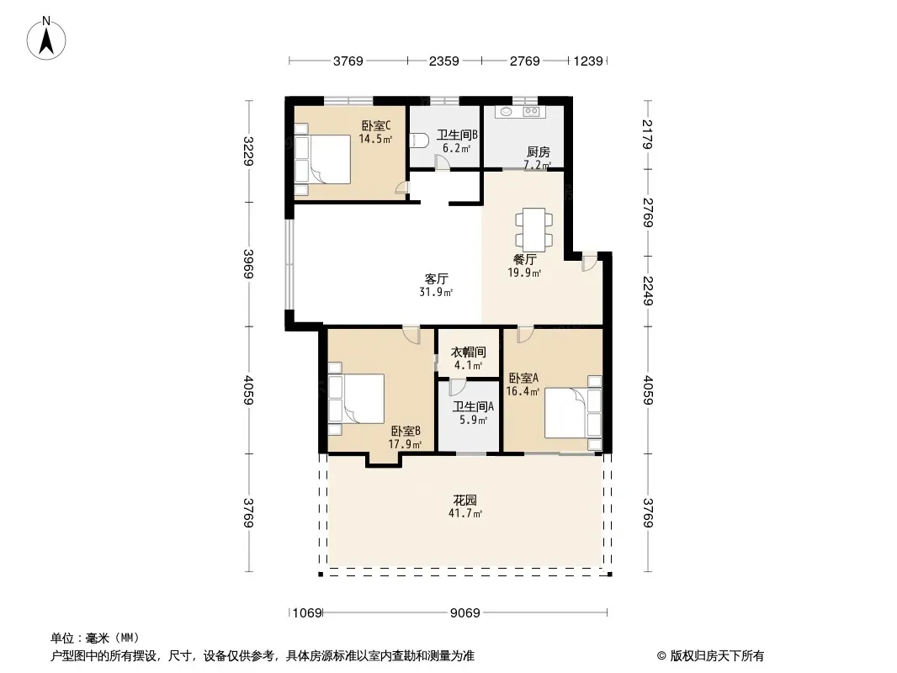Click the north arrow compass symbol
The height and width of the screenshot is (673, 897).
[x=46, y=38]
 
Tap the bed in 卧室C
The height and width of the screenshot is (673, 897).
[x=322, y=160]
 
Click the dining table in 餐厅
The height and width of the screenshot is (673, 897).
[x=534, y=230]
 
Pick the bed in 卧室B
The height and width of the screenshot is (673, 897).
[x=356, y=399]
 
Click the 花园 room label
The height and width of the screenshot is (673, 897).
[x=465, y=501]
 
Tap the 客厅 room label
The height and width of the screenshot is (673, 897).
[x=436, y=279]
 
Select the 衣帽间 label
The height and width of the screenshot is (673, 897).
[x=469, y=352]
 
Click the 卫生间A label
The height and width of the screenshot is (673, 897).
[x=473, y=406]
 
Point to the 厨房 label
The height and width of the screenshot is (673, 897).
[x=538, y=151]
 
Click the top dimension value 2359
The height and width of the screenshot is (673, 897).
[x=444, y=61]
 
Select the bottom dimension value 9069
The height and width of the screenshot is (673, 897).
[x=464, y=613]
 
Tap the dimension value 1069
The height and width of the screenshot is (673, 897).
[x=307, y=613]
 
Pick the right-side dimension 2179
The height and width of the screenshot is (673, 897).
[x=648, y=134]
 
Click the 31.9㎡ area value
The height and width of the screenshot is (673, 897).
[x=436, y=292]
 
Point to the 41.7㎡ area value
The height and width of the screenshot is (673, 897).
[x=465, y=513]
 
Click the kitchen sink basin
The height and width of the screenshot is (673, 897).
[x=505, y=112]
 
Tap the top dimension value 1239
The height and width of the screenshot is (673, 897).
[x=588, y=61]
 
